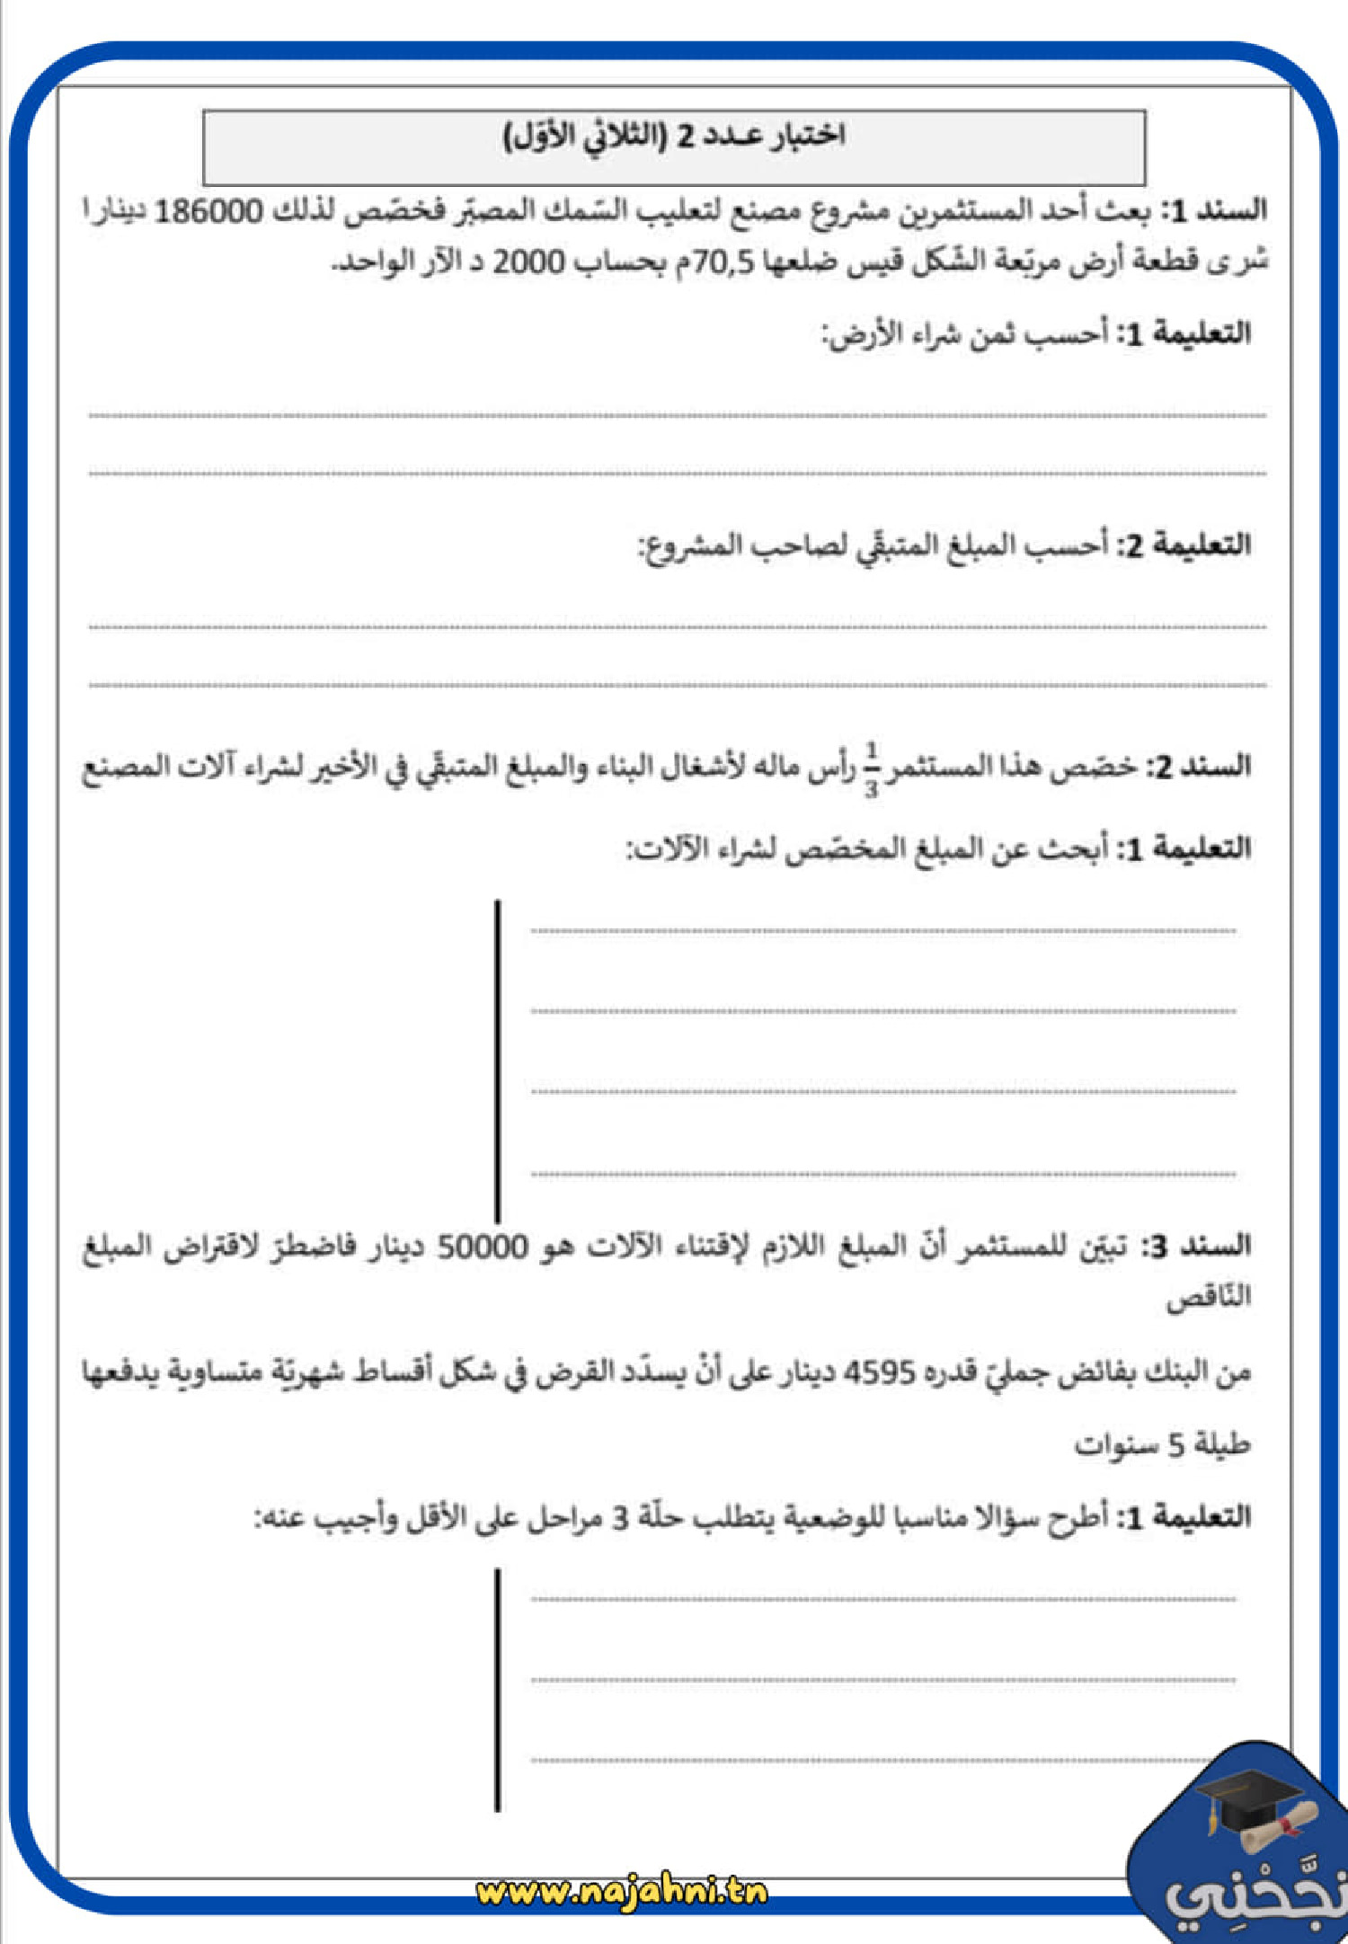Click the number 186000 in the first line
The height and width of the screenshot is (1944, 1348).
coord(209,213)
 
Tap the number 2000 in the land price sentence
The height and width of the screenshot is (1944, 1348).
coord(528,262)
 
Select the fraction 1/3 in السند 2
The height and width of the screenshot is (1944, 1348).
coord(871,769)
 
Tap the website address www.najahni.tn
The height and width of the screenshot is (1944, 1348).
coord(622,1892)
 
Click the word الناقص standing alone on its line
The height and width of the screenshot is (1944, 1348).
coord(1208,1299)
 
